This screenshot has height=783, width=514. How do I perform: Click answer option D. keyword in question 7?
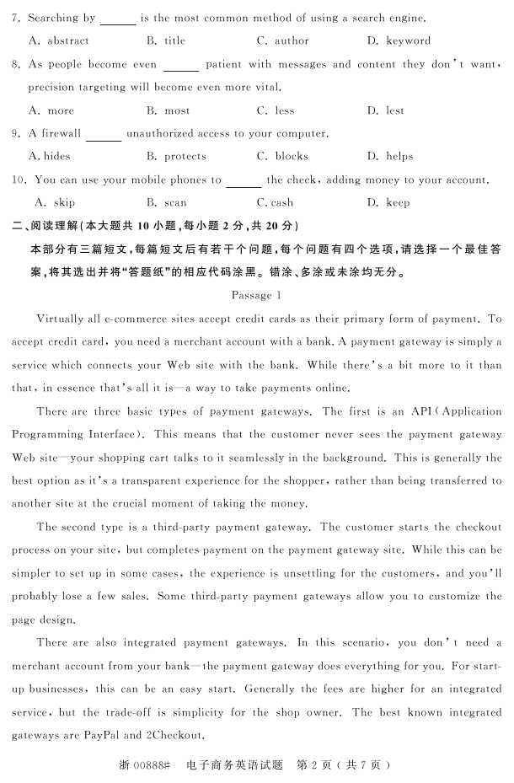pyautogui.click(x=399, y=40)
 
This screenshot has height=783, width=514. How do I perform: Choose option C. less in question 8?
pyautogui.click(x=276, y=110)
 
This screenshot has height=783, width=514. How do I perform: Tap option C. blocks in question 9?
pyautogui.click(x=282, y=156)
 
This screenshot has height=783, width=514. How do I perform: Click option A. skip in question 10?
pyautogui.click(x=55, y=202)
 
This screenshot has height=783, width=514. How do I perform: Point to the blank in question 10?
pyautogui.click(x=244, y=182)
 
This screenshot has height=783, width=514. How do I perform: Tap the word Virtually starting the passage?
pyautogui.click(x=64, y=319)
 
